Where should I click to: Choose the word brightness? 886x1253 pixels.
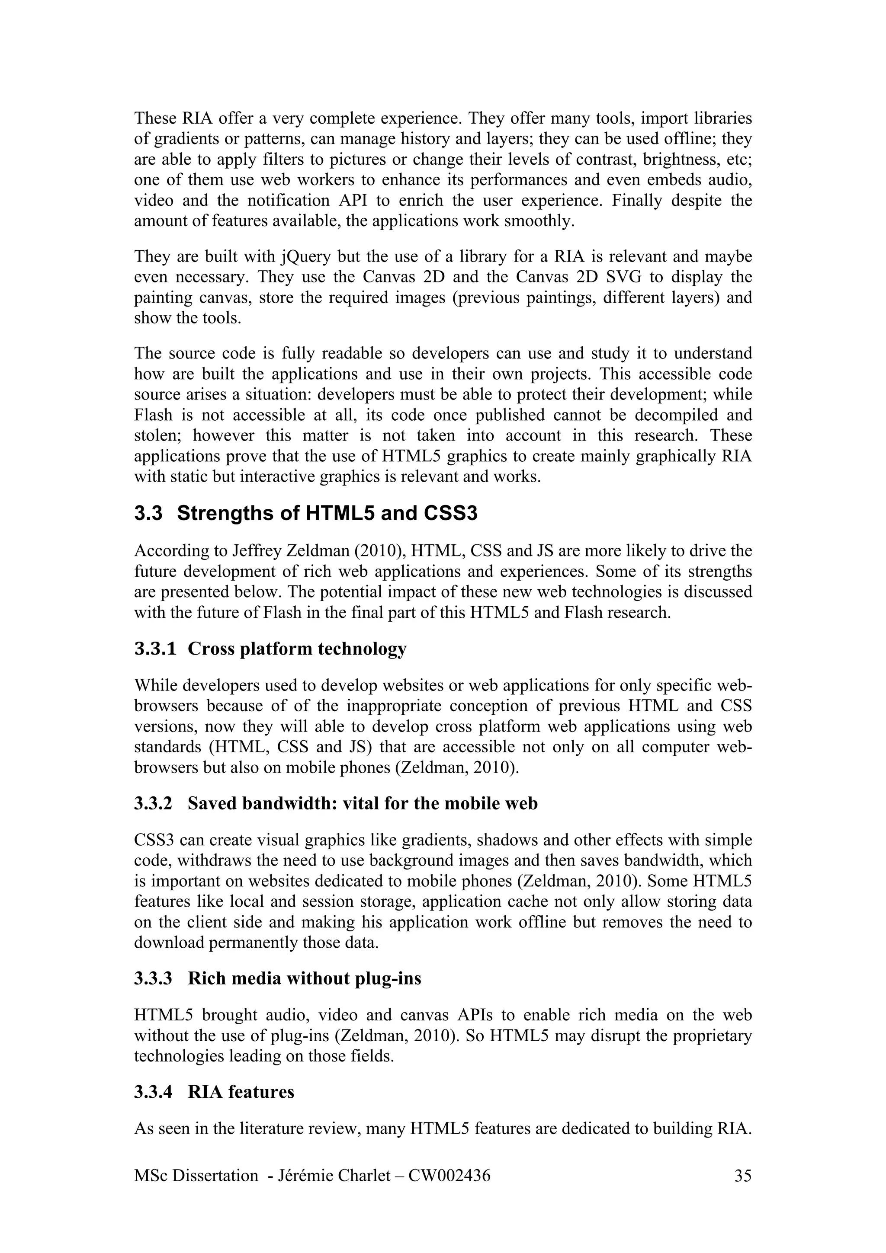click(x=676, y=160)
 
